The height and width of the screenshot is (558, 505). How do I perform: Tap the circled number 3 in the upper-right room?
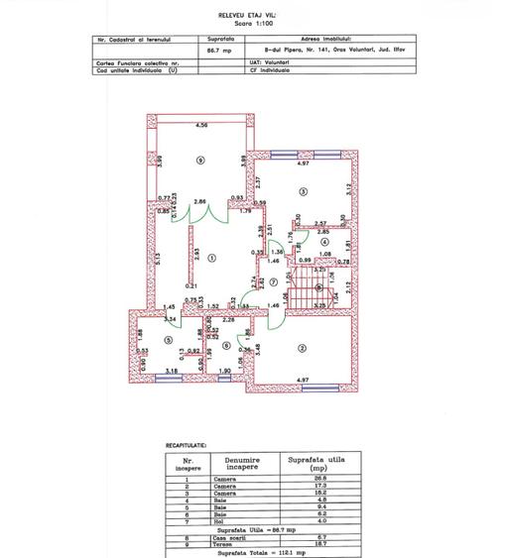point(304,192)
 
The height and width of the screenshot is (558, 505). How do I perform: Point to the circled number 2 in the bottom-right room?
point(300,347)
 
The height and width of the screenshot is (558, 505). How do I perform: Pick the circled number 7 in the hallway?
point(272,281)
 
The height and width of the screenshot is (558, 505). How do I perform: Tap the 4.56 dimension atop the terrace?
point(201,126)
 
